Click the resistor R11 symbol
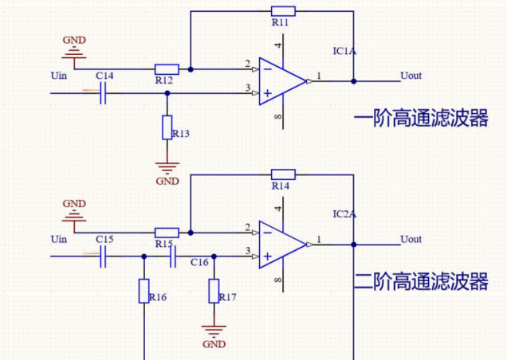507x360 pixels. click(x=282, y=11)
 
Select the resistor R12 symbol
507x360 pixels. click(x=166, y=69)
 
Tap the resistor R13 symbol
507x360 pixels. click(x=167, y=127)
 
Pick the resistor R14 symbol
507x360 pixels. click(x=282, y=174)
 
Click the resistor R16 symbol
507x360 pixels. click(x=144, y=291)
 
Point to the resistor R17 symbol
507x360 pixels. click(x=214, y=291)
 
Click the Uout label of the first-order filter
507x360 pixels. click(x=411, y=76)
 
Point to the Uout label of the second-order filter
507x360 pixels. click(x=411, y=239)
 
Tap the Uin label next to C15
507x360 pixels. click(x=59, y=239)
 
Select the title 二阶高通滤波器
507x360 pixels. click(x=420, y=281)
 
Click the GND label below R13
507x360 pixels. click(x=167, y=181)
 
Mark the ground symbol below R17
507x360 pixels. click(x=214, y=329)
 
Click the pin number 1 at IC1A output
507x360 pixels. click(x=319, y=76)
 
